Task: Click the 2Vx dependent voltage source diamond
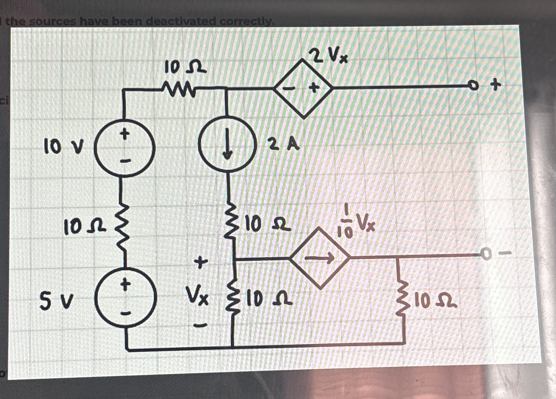click(x=303, y=88)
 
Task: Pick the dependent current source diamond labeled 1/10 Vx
click(x=320, y=257)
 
